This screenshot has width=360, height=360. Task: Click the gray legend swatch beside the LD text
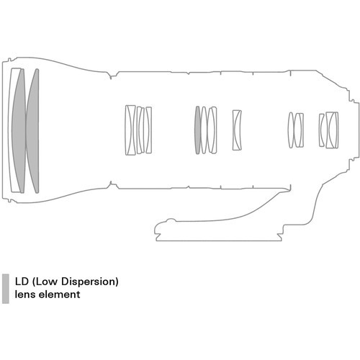(6, 289)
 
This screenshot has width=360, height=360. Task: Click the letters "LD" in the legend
(22, 282)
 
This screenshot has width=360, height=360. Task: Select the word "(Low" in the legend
(46, 282)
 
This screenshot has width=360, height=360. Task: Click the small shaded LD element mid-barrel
(197, 130)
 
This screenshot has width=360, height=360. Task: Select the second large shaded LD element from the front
(33, 131)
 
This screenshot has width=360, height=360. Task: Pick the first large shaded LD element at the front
(19, 131)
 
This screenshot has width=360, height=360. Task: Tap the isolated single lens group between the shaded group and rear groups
(237, 130)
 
